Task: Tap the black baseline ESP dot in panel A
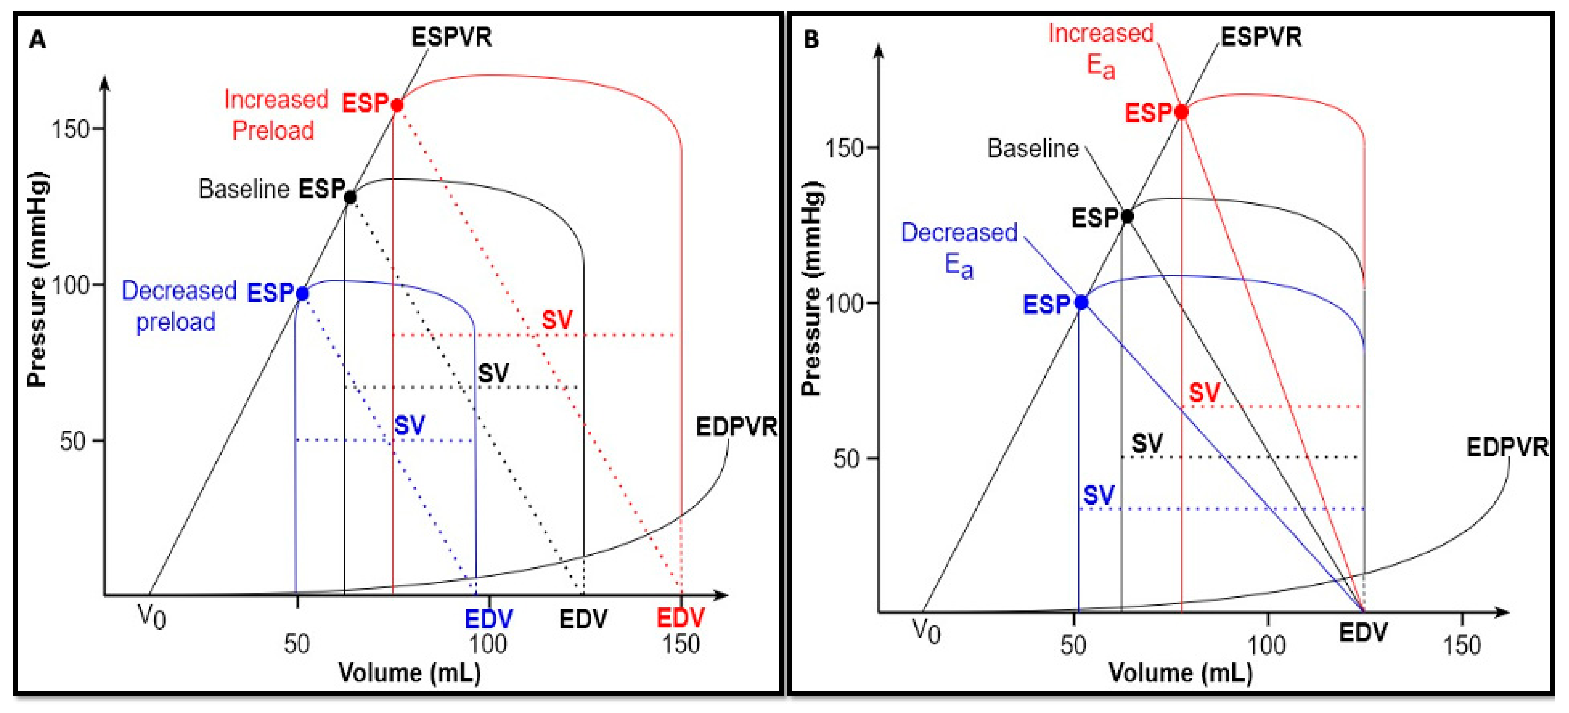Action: [x=350, y=197]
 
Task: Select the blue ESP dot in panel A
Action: [x=302, y=294]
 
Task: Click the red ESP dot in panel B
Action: [x=1181, y=112]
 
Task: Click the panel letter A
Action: [x=38, y=40]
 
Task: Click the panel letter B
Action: [x=811, y=40]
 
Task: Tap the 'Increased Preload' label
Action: [x=275, y=115]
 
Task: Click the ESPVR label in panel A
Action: [x=451, y=37]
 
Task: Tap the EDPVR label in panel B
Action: [x=1507, y=447]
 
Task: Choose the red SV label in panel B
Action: [x=1204, y=393]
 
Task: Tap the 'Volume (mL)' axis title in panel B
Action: [x=1180, y=673]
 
